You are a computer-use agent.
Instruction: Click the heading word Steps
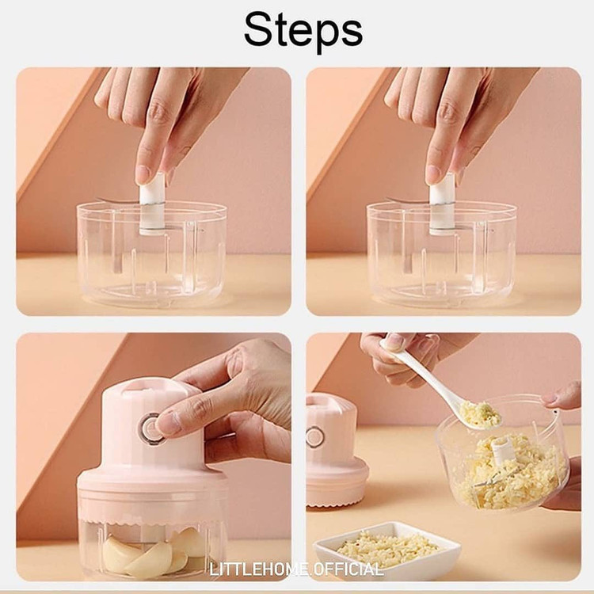[x=303, y=29]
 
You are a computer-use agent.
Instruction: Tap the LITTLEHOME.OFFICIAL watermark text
[x=296, y=569]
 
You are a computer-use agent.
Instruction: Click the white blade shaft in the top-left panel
[x=151, y=204]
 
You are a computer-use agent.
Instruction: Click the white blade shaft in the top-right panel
[x=441, y=204]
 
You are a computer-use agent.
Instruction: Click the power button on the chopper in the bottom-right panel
[x=314, y=436]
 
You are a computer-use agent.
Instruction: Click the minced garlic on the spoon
[x=481, y=413]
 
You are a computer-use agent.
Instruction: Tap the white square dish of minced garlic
[x=386, y=547]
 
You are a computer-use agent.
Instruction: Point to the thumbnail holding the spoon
[x=394, y=342]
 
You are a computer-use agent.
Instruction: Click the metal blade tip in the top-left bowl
[x=99, y=199]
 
